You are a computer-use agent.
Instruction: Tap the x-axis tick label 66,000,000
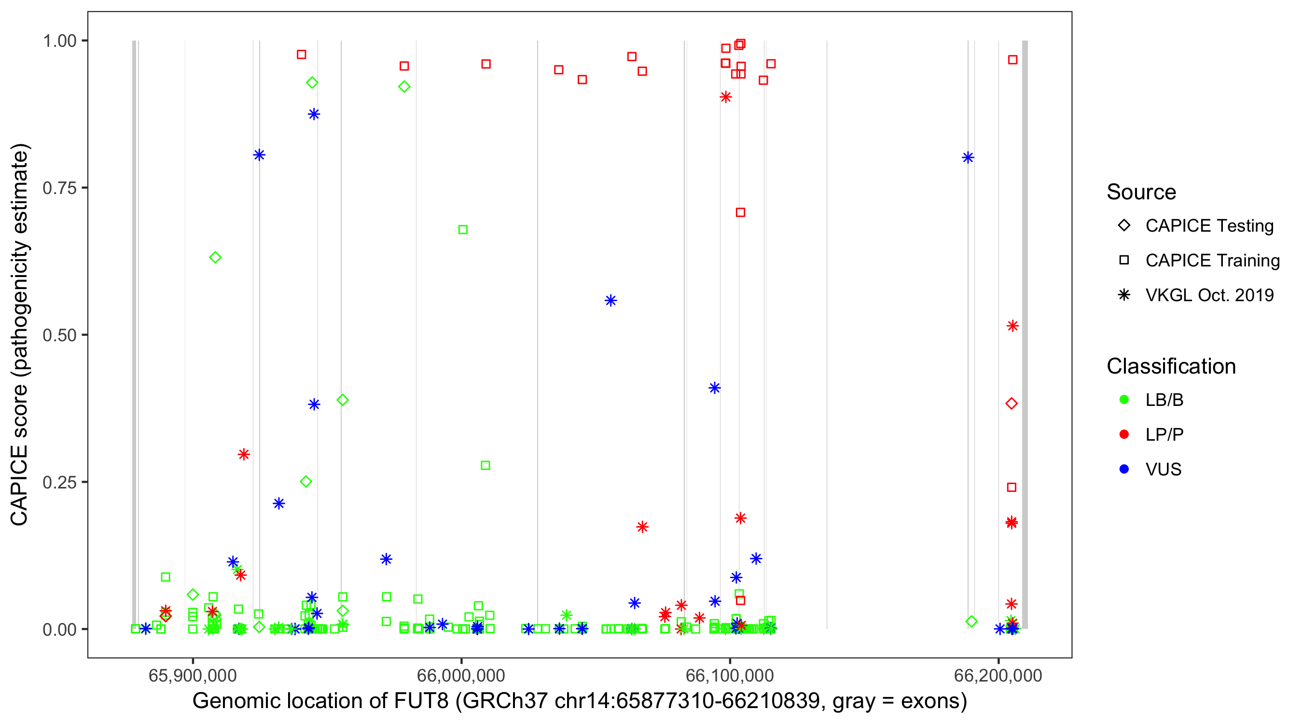[x=461, y=675]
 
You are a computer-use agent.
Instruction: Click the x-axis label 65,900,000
[x=192, y=675]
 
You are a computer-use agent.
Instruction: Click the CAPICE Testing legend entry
[x=1209, y=226]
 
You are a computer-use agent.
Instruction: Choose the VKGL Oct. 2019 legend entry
[x=1209, y=295]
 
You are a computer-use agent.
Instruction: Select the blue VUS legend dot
[x=1124, y=469]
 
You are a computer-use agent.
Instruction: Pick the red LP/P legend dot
[x=1124, y=434]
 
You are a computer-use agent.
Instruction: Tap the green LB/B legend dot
[x=1124, y=400]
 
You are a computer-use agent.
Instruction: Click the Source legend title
[x=1141, y=192]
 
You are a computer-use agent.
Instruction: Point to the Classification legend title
[x=1170, y=366]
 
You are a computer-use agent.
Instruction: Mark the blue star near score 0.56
[x=610, y=301]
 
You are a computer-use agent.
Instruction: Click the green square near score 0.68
[x=463, y=230]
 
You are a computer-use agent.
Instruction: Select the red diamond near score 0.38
[x=1011, y=404]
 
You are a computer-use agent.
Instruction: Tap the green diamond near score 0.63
[x=215, y=258]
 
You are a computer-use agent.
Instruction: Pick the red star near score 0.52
[x=1012, y=326]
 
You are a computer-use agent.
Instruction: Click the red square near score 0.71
[x=740, y=212]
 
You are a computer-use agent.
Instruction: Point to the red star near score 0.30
[x=244, y=454]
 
